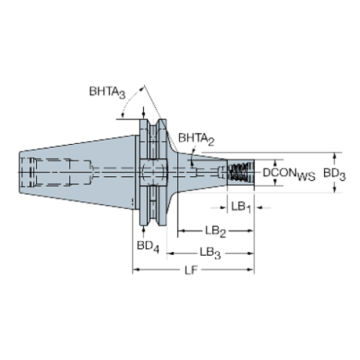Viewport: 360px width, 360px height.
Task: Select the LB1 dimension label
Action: click(x=240, y=208)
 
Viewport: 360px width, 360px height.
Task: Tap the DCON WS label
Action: click(x=289, y=173)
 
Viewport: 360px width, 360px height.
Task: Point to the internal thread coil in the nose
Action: click(x=237, y=173)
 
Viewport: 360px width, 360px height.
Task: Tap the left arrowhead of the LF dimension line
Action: click(x=135, y=270)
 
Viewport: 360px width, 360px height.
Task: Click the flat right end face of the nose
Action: click(x=253, y=173)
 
